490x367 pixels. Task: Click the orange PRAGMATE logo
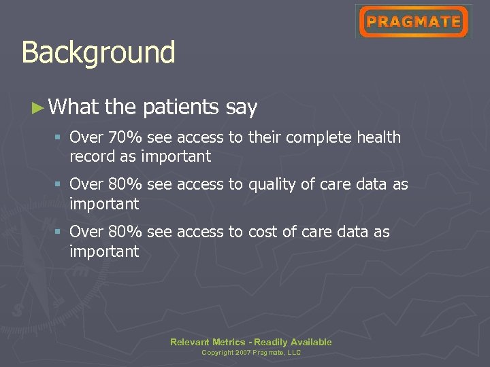tap(413, 22)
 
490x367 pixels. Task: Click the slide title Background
tap(98, 53)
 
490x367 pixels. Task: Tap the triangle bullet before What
tap(38, 107)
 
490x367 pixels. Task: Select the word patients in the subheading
tap(181, 107)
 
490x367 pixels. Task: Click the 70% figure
tap(125, 137)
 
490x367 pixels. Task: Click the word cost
tap(262, 232)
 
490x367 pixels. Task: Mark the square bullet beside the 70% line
tap(59, 138)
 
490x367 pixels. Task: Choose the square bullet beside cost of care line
tap(59, 232)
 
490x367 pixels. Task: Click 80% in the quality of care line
tap(125, 185)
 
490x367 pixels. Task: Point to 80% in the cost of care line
tap(125, 232)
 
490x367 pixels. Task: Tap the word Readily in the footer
tap(271, 342)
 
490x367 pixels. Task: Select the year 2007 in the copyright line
tap(242, 353)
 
